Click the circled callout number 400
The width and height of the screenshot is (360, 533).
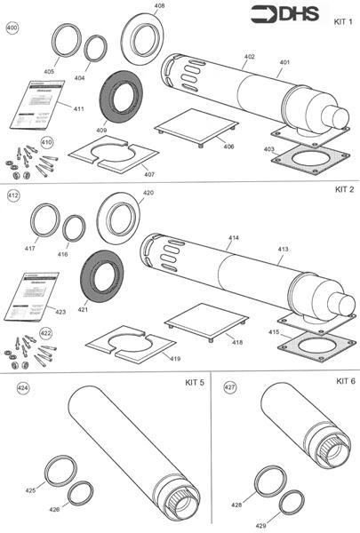[x=12, y=28]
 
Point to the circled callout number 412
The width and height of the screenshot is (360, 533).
[x=13, y=193]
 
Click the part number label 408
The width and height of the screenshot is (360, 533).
[x=159, y=6]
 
